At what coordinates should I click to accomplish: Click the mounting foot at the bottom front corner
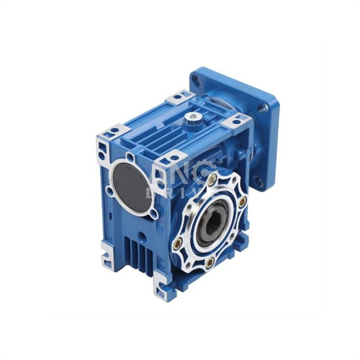(x=163, y=291)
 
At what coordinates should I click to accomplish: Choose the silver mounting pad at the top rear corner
(x=179, y=96)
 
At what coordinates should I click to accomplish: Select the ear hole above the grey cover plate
(x=130, y=157)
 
